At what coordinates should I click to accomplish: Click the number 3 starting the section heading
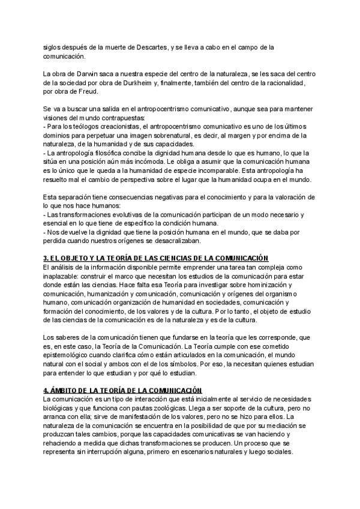[46, 257]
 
